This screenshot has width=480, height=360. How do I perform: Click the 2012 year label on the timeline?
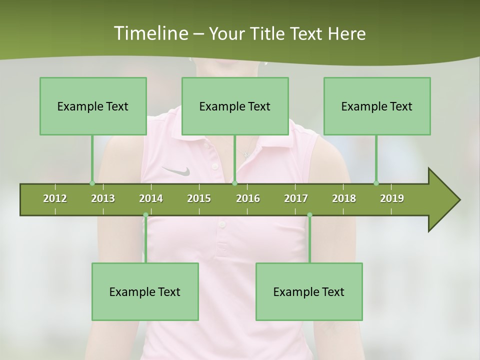click(x=55, y=198)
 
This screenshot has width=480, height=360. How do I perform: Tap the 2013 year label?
click(x=103, y=198)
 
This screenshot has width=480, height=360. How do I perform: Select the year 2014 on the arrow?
click(x=151, y=198)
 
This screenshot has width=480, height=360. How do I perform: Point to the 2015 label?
click(x=199, y=198)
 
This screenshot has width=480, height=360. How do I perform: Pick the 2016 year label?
click(x=248, y=198)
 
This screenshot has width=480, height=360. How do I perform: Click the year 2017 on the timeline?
click(x=296, y=198)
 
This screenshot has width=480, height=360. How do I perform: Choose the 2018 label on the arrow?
click(x=344, y=198)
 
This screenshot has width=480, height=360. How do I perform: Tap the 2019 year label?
click(x=392, y=198)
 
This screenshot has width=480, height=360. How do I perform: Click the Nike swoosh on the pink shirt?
click(x=176, y=171)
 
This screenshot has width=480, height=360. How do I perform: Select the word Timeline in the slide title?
click(x=150, y=33)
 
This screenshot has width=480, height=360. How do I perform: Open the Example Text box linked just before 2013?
click(x=93, y=106)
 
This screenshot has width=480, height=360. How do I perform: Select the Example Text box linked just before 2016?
click(x=235, y=106)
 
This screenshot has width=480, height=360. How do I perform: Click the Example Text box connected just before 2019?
click(x=377, y=106)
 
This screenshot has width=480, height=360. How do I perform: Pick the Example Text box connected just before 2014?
click(x=145, y=291)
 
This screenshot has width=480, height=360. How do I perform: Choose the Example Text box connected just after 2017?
click(x=309, y=291)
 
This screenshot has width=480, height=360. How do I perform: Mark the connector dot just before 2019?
click(x=376, y=183)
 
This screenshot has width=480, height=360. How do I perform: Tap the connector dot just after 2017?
click(x=309, y=215)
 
